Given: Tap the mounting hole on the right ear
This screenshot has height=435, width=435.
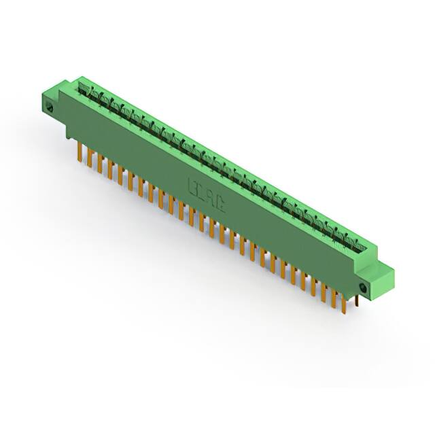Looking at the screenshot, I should point(362,288).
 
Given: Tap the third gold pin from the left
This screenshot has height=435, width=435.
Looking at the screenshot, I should point(100,164).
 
